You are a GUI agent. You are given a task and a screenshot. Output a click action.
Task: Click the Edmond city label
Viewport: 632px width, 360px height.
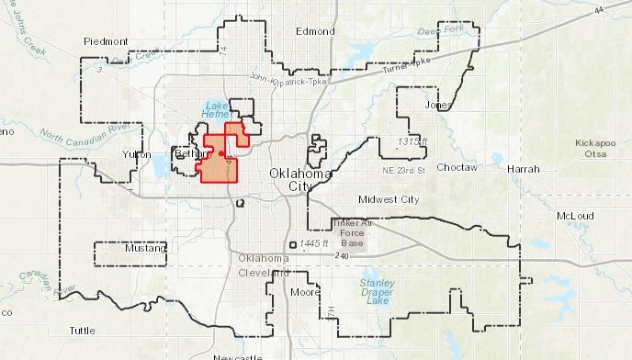click(x=315, y=31)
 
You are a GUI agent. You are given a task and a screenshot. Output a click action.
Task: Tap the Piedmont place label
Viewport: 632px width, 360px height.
click(x=104, y=41)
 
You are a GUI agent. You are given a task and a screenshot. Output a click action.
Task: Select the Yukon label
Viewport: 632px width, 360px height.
click(x=136, y=154)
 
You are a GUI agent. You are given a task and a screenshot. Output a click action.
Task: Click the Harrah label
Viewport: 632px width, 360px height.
click(x=524, y=170)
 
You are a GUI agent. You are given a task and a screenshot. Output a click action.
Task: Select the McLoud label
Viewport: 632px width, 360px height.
click(x=576, y=216)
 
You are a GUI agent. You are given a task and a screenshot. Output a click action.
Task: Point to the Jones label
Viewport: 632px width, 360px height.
click(x=437, y=106)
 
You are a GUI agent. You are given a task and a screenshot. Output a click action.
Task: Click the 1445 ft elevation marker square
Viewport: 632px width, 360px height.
click(x=293, y=245)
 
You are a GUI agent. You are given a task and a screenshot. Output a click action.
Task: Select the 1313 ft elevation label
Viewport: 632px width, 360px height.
click(x=412, y=141)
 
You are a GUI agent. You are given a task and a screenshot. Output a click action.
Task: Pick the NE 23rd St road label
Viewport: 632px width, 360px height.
click(x=405, y=171)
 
